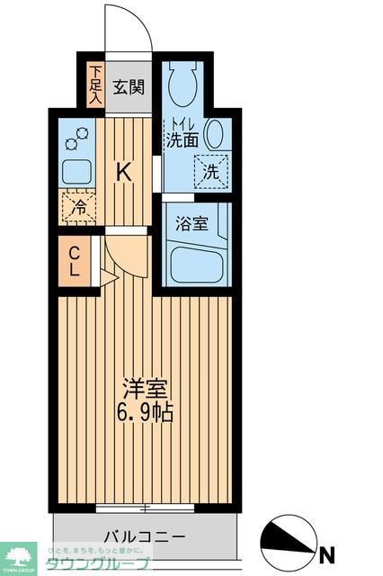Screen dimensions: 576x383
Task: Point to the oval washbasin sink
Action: tap(215, 134)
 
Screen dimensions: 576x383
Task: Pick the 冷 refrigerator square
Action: tap(78, 206)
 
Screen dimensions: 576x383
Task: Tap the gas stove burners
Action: tap(76, 138)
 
